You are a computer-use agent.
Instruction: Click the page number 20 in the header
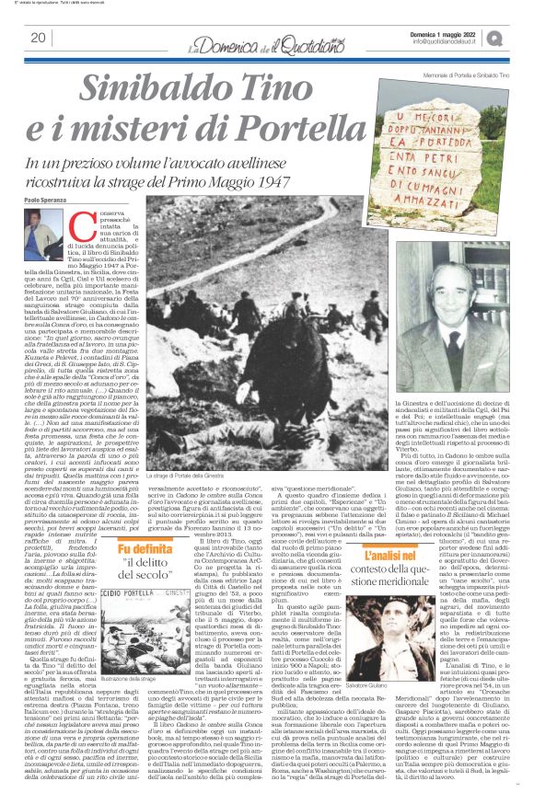(38, 38)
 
